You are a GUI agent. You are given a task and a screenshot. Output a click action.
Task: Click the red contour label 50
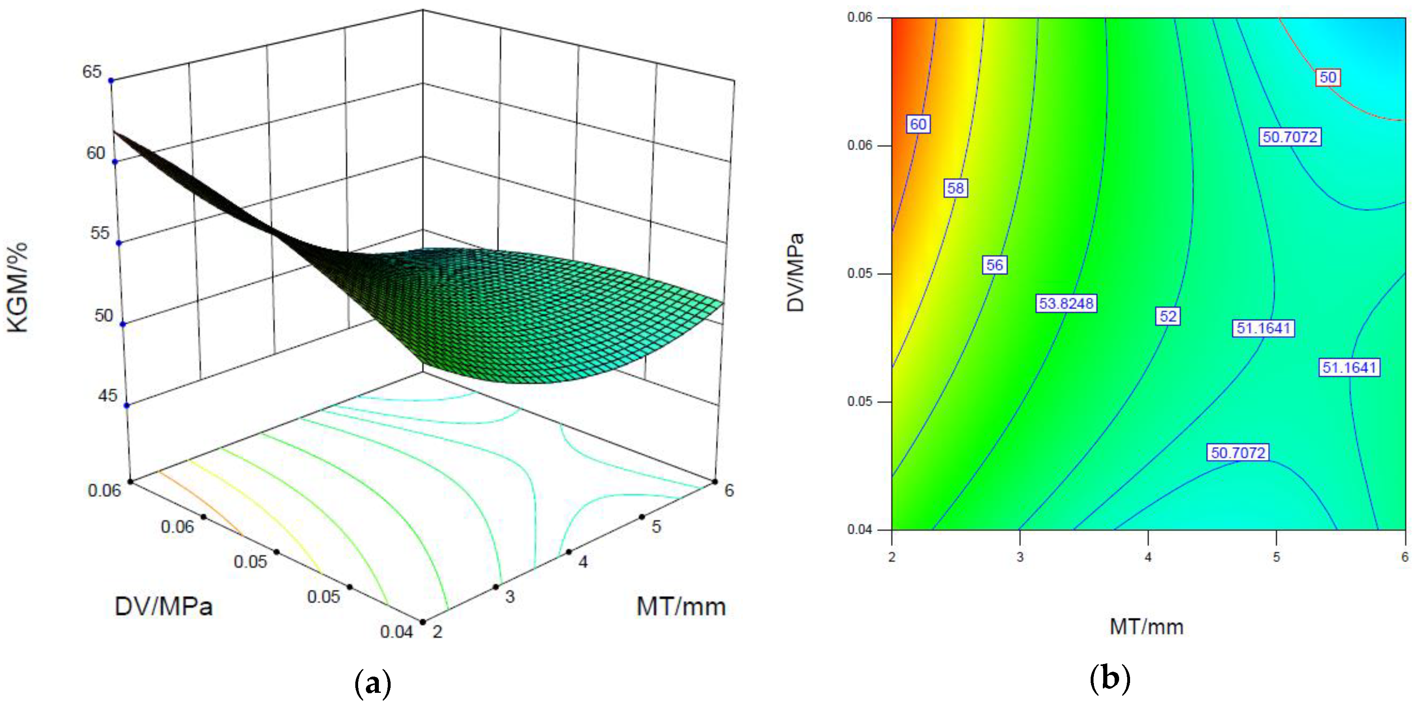[x=1328, y=77]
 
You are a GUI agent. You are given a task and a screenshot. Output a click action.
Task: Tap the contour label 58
[x=955, y=188]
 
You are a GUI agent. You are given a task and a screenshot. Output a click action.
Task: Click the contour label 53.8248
[x=1065, y=303]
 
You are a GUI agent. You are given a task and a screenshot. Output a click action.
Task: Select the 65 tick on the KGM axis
[x=92, y=72]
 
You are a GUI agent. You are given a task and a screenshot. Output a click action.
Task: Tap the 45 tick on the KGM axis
[x=106, y=395]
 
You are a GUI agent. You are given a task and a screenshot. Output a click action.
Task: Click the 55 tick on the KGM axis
[x=100, y=233]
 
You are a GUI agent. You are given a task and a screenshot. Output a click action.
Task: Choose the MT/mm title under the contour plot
[x=1147, y=627]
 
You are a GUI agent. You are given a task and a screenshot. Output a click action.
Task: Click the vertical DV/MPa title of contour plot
[x=795, y=273]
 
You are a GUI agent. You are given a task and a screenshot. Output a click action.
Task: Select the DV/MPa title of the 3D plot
[x=163, y=607]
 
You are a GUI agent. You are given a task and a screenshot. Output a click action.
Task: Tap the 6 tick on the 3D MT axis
[x=729, y=490]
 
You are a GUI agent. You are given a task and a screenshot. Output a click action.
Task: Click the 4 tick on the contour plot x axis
[x=1148, y=557]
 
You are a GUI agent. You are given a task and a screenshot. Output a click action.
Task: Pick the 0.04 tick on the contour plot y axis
[x=860, y=530]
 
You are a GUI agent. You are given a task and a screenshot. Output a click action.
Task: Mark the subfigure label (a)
[x=373, y=684]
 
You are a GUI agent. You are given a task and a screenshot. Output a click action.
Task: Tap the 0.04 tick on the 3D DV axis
[x=396, y=632]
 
